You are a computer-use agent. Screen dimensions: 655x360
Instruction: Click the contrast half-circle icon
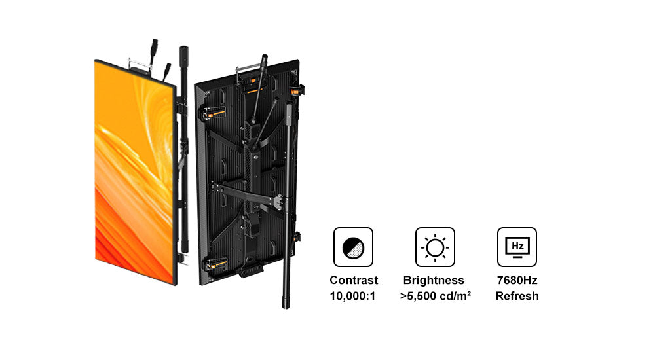point(353,247)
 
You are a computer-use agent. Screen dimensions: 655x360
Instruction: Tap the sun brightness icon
point(435,247)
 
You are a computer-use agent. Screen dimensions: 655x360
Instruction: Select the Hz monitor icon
point(517,247)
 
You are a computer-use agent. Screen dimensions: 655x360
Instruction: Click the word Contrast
point(354,280)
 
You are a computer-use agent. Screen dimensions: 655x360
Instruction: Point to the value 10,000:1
point(352,296)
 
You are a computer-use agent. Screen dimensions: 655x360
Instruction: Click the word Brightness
point(434,280)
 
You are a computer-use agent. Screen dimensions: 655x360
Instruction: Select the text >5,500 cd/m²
point(436,296)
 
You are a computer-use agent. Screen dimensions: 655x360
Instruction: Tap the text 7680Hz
point(517,280)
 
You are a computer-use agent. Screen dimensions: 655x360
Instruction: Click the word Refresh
point(517,296)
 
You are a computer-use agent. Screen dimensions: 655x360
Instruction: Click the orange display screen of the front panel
point(134,171)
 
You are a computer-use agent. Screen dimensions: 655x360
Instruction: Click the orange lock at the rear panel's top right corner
point(297,90)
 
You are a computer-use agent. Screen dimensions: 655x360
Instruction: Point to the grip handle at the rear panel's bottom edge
point(251,270)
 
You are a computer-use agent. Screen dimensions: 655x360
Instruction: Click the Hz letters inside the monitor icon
point(517,246)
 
